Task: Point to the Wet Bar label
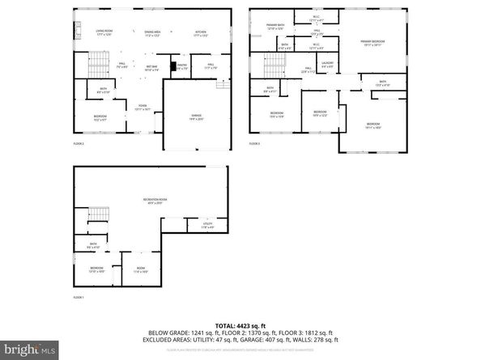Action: [151, 68]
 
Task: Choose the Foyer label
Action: [142, 107]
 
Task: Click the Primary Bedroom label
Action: [371, 41]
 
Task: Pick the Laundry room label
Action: [327, 65]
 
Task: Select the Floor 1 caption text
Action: [79, 298]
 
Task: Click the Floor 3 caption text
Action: [254, 144]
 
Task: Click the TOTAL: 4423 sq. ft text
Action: [240, 324]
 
